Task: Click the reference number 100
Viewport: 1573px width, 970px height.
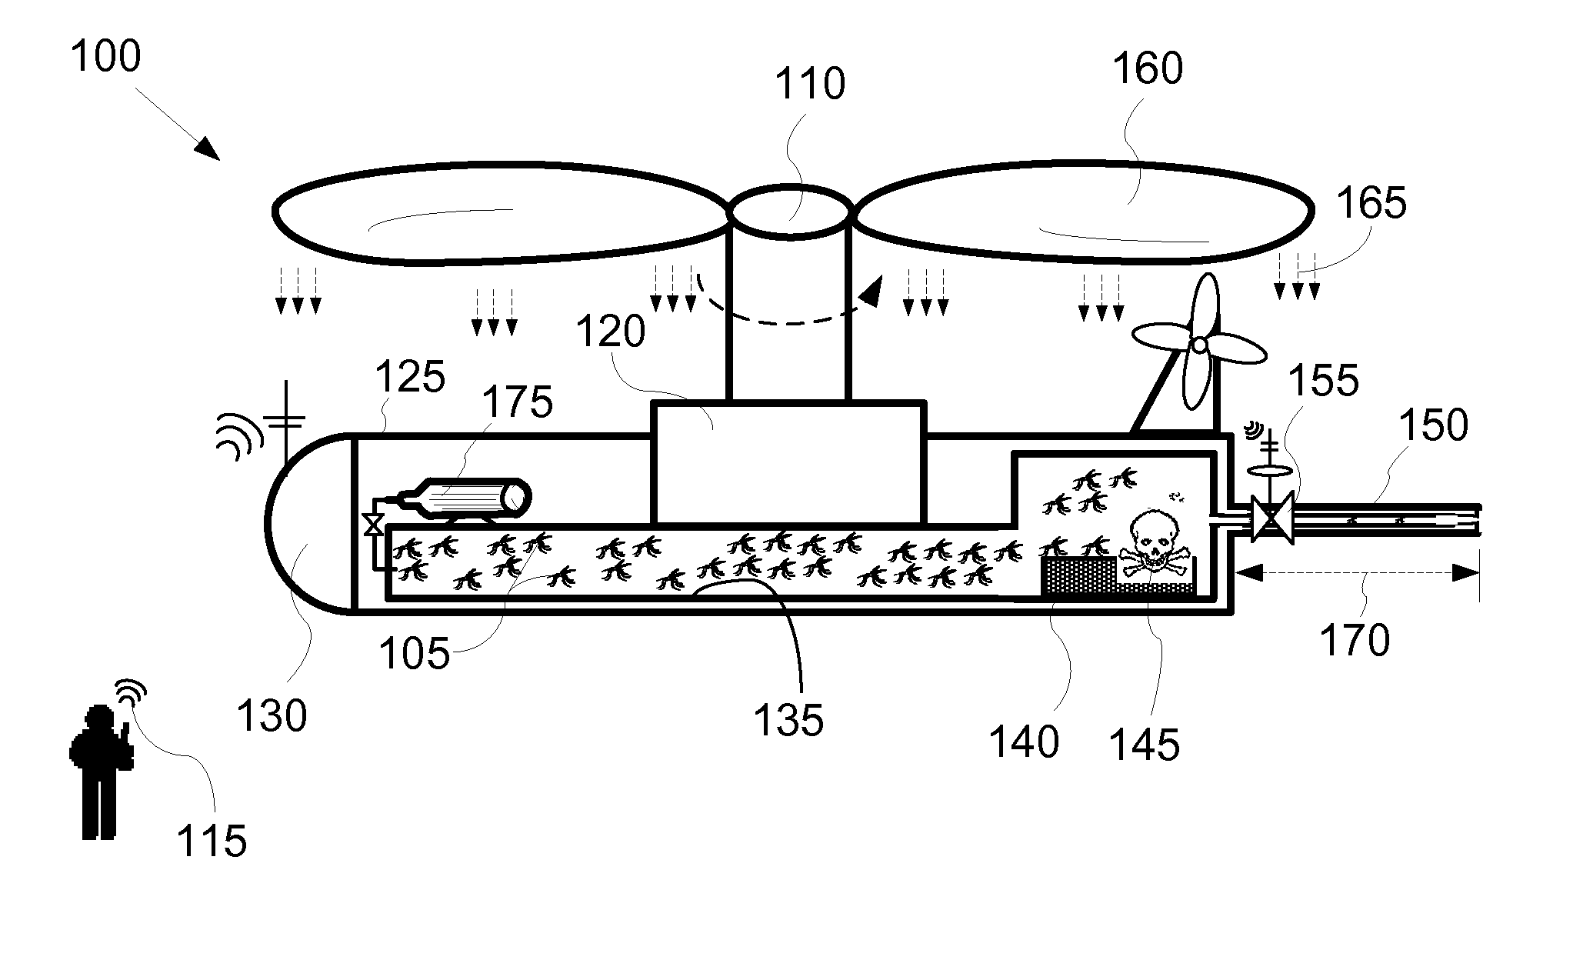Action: coord(106,57)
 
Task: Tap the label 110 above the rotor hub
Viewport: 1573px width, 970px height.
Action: coord(809,84)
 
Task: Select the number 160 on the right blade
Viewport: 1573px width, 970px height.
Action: coord(1148,68)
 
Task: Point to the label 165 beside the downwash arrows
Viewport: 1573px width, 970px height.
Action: coord(1371,203)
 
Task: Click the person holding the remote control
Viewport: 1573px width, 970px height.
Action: coord(100,769)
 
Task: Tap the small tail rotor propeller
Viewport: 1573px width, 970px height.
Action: coord(1200,346)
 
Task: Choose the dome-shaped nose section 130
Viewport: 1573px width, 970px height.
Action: coord(308,524)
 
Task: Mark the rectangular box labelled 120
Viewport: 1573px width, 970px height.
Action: coord(788,462)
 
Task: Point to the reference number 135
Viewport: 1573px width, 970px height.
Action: coord(788,720)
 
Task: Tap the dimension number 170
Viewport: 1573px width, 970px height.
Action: coord(1355,640)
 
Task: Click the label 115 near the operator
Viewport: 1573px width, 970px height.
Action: coord(212,841)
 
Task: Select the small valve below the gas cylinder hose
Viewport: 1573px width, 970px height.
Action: coord(375,525)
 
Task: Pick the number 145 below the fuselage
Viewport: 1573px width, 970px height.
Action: coord(1145,744)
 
